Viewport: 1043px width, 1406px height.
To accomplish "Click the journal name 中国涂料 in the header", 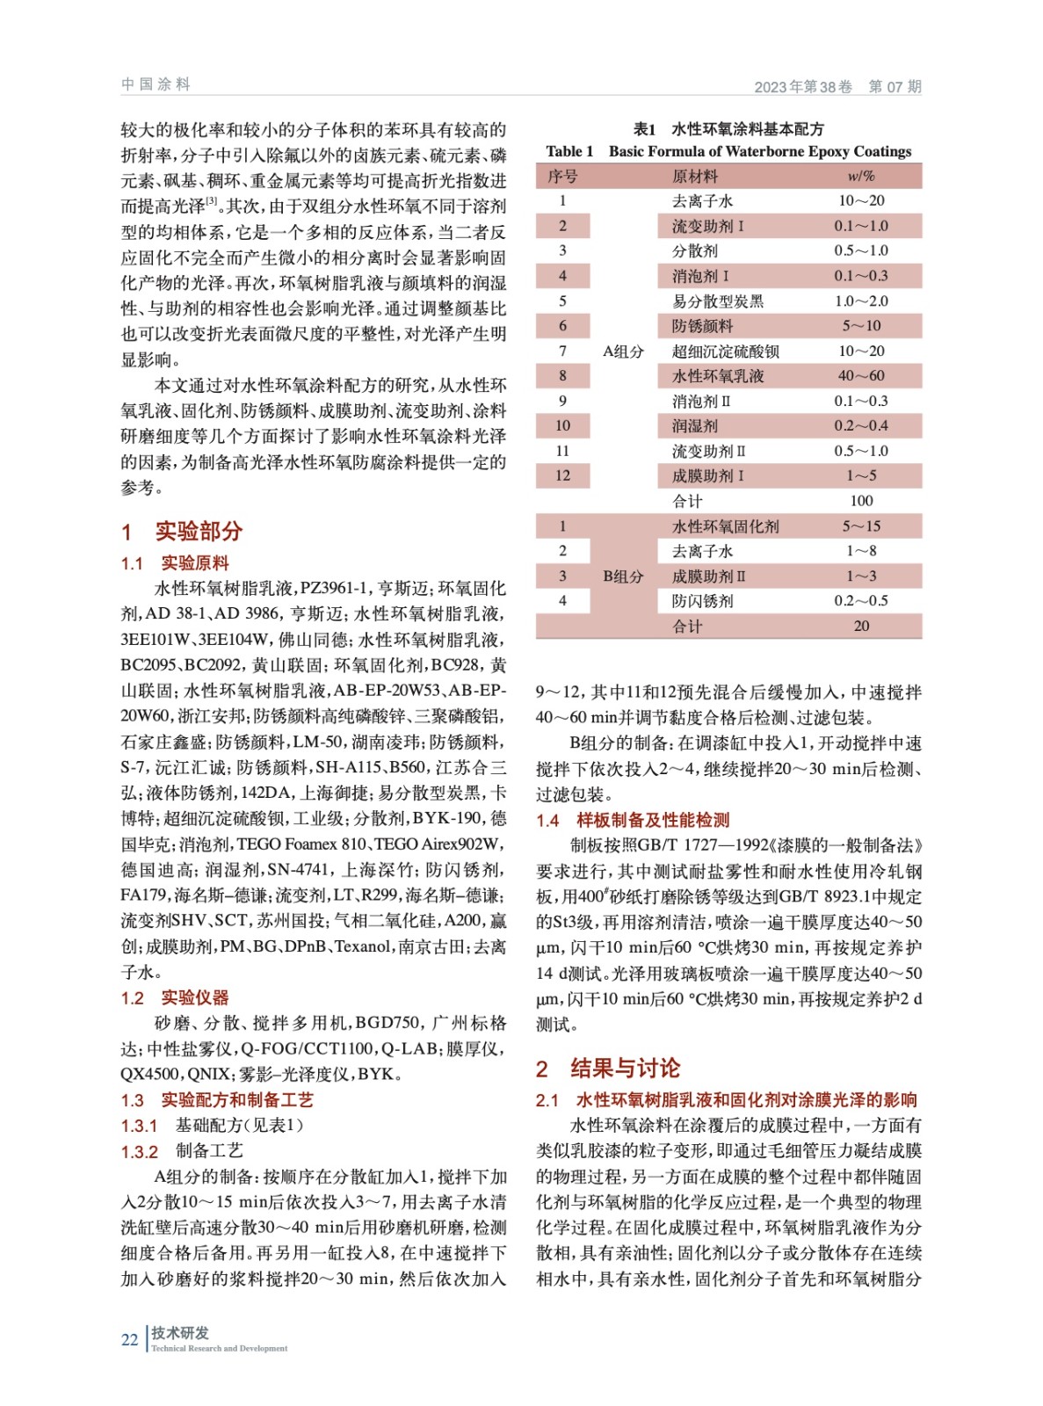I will click(x=156, y=84).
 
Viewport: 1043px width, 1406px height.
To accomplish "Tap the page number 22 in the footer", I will click(x=129, y=1339).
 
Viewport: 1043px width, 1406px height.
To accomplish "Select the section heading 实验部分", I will click(x=199, y=531).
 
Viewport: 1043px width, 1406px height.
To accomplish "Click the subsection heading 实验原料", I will click(x=194, y=563).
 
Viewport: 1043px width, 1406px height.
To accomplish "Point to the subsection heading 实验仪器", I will click(x=194, y=997).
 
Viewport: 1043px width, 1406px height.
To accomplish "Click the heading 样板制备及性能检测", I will click(x=653, y=820).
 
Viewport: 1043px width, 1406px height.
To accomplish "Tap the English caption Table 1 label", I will click(x=569, y=151).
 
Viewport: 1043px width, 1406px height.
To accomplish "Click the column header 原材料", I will click(x=694, y=177).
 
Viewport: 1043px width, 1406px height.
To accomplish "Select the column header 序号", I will click(x=562, y=177).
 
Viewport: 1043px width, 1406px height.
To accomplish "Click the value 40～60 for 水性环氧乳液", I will click(x=861, y=376).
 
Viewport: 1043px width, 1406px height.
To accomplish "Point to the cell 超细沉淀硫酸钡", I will click(x=725, y=351).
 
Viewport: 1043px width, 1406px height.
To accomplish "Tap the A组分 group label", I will click(x=623, y=351).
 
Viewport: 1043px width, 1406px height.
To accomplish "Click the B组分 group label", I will click(x=623, y=576).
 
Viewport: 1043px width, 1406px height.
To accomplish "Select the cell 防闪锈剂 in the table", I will click(x=702, y=601).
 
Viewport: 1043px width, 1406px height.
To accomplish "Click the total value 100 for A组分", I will click(x=861, y=501).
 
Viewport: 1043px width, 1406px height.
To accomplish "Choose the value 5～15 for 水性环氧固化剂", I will click(x=861, y=526).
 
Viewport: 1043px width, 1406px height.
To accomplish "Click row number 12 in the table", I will click(x=562, y=475).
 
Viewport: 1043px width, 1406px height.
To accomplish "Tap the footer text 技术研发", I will click(x=180, y=1332).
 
